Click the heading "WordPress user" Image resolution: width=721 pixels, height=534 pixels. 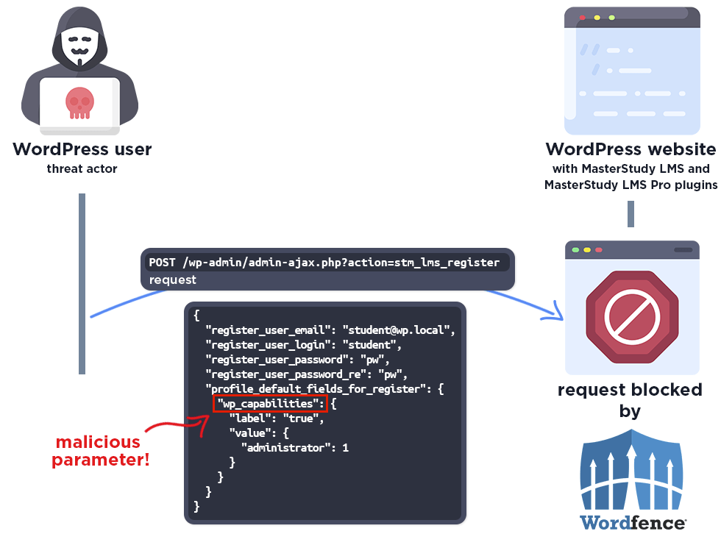pyautogui.click(x=82, y=149)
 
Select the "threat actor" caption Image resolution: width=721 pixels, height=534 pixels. pyautogui.click(x=82, y=169)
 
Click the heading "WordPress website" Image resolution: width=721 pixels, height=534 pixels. pyautogui.click(x=631, y=149)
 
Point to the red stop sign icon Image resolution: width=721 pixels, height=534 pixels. pyautogui.click(x=631, y=316)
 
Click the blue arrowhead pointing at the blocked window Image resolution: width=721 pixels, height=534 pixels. pyautogui.click(x=553, y=313)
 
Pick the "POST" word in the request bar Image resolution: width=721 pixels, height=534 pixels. pyautogui.click(x=164, y=263)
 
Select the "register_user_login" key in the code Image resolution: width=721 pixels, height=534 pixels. pyautogui.click(x=269, y=344)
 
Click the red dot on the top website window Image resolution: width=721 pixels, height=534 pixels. pyautogui.click(x=582, y=17)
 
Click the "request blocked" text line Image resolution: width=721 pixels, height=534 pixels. pyautogui.click(x=631, y=391)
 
